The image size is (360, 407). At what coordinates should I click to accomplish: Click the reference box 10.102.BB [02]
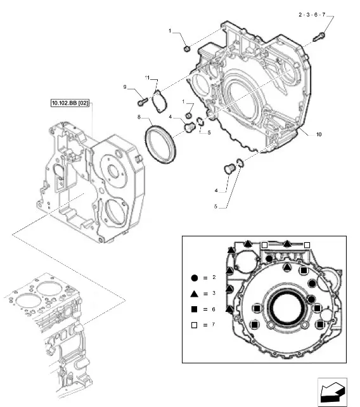pyautogui.click(x=70, y=103)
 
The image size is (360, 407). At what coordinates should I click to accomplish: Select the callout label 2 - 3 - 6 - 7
pyautogui.click(x=312, y=15)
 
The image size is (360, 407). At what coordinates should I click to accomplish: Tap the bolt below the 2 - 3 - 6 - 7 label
pyautogui.click(x=319, y=37)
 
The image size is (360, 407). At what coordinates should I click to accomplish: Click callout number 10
pyautogui.click(x=319, y=134)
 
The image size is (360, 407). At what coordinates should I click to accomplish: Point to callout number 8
pyautogui.click(x=139, y=117)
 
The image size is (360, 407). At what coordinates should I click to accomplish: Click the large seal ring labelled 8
pyautogui.click(x=160, y=145)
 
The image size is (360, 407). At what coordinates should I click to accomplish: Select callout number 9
pyautogui.click(x=125, y=87)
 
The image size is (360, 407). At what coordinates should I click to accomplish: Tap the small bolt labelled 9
pyautogui.click(x=142, y=101)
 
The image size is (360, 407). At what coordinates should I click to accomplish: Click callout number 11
pyautogui.click(x=147, y=77)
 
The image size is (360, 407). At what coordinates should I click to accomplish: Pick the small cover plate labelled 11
pyautogui.click(x=159, y=101)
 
